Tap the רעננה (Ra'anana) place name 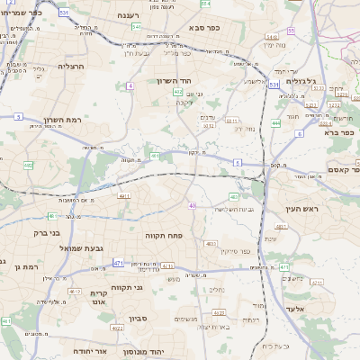pyautogui.click(x=134, y=16)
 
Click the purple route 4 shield pyautogui.click(x=130, y=85)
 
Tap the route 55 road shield pyautogui.click(x=316, y=105)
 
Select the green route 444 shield pyautogui.click(x=274, y=121)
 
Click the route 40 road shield pyautogui.click(x=192, y=206)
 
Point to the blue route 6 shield pyautogui.click(x=299, y=133)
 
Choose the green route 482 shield pyautogui.click(x=28, y=166)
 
